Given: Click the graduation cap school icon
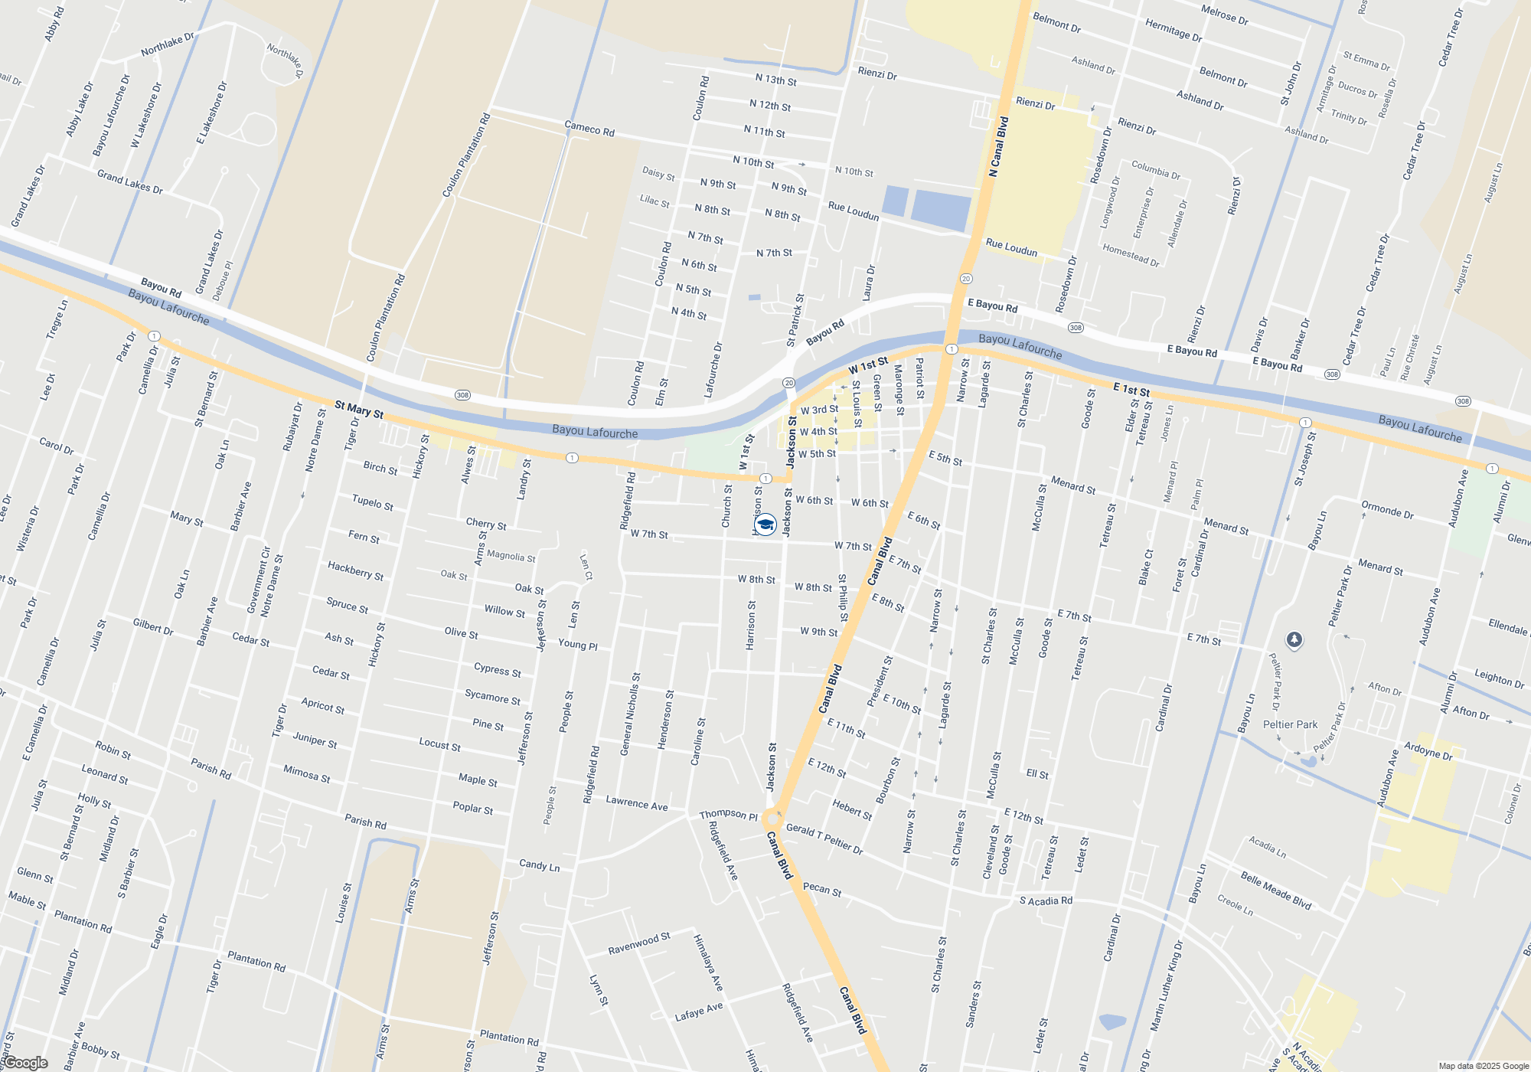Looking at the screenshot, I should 765,524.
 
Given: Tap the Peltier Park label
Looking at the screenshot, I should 1290,724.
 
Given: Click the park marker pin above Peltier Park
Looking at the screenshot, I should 1294,639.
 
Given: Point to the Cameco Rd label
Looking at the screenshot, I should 589,129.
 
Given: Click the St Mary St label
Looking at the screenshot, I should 359,410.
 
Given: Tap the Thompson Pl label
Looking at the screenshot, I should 728,815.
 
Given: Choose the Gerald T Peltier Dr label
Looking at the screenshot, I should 824,839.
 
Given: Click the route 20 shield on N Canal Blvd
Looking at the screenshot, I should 966,279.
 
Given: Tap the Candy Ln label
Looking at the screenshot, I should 539,865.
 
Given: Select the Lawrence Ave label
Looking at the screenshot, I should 636,803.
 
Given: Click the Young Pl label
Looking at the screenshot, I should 577,645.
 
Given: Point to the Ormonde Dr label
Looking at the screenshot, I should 1387,509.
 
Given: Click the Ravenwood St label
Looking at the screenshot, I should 639,943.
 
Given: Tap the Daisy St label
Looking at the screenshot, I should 658,174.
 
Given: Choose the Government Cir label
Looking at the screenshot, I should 258,580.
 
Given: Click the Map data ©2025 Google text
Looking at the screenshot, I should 1484,1066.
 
